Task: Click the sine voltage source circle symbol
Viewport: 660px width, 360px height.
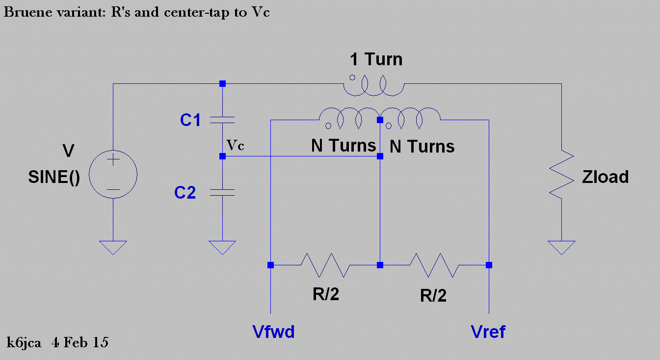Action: (x=113, y=175)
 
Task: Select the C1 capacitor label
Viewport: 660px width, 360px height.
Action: (x=190, y=120)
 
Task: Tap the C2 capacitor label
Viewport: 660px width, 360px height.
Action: (x=185, y=193)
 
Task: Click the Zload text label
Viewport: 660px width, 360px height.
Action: (x=605, y=177)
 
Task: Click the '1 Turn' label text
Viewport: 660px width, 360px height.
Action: (x=376, y=60)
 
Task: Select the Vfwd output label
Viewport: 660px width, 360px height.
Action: (x=273, y=332)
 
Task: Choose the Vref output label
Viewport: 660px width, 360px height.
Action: (x=488, y=332)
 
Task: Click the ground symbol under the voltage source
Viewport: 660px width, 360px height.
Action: (x=113, y=247)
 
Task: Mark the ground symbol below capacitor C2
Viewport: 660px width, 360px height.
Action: (x=222, y=247)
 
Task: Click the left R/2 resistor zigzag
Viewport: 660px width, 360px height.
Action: (x=325, y=265)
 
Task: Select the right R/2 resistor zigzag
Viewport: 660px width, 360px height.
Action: (x=435, y=265)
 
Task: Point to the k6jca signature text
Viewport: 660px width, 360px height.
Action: (x=25, y=342)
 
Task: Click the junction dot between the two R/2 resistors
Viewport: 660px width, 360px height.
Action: (x=380, y=265)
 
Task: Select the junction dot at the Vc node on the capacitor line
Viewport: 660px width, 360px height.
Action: (x=222, y=156)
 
